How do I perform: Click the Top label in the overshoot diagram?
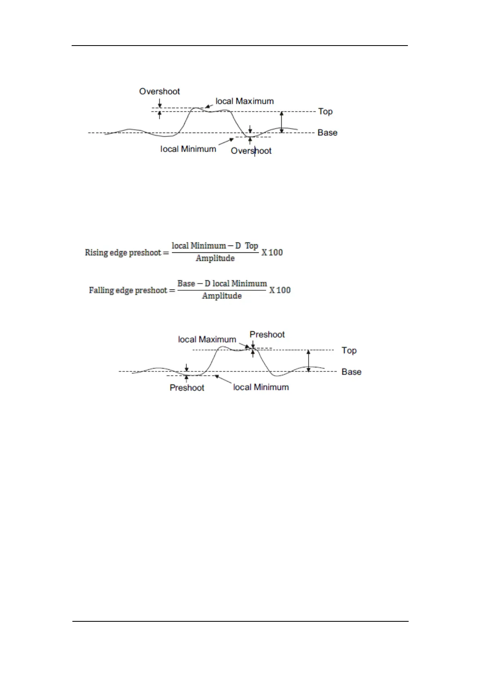(325, 112)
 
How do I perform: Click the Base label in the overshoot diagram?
(327, 133)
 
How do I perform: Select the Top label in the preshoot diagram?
(349, 350)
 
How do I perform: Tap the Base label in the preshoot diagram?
(351, 372)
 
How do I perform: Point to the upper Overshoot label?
(160, 92)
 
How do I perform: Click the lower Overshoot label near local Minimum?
(251, 151)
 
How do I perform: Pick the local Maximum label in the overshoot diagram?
(245, 101)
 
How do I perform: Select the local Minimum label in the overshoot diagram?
(188, 149)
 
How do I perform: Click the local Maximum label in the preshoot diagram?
(207, 339)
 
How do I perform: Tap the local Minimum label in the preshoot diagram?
(261, 387)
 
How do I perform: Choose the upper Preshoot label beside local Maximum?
(267, 335)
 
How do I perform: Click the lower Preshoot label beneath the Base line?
(187, 387)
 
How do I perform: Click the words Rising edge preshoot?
(123, 253)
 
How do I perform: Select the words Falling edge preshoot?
(128, 290)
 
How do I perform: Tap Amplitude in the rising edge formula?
(215, 258)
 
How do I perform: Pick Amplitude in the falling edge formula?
(222, 296)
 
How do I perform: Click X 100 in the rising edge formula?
(272, 253)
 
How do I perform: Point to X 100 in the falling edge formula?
(280, 290)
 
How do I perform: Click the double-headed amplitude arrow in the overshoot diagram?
(282, 122)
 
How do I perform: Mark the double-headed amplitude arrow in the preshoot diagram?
(309, 361)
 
